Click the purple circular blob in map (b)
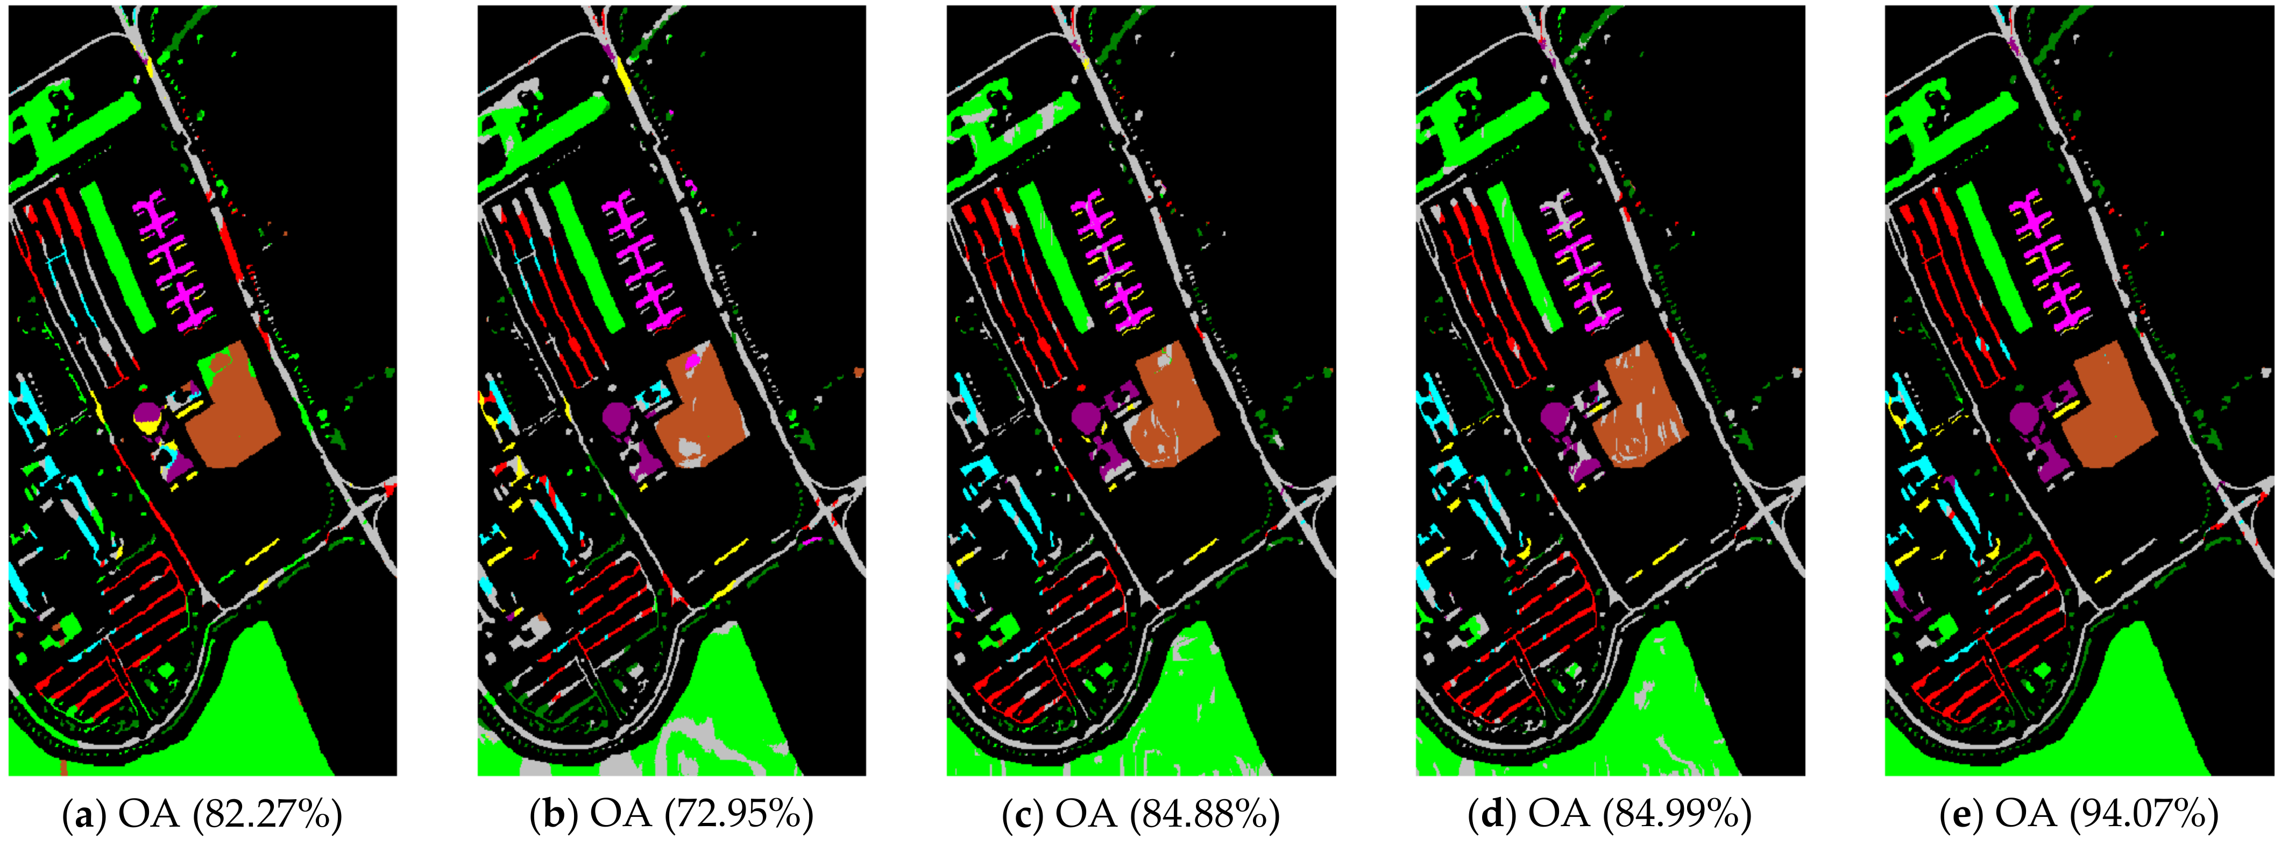614,414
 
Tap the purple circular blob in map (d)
1552,414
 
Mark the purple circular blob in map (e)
2022,414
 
